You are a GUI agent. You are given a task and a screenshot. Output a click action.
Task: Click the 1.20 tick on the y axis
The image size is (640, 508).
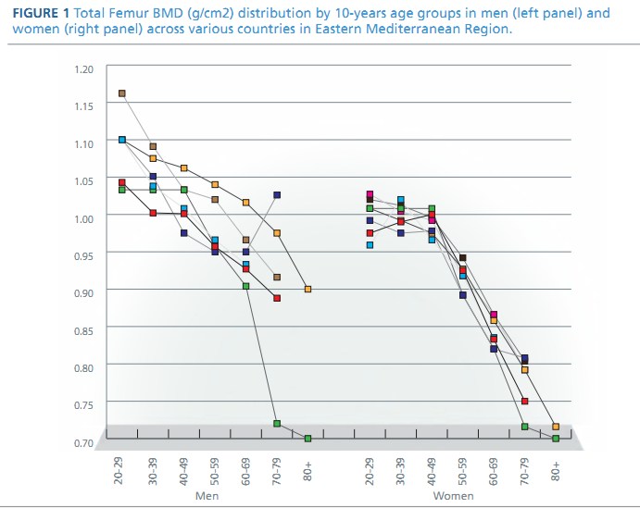pyautogui.click(x=83, y=69)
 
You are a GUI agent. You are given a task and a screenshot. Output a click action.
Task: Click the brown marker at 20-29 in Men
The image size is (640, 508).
pyautogui.click(x=121, y=93)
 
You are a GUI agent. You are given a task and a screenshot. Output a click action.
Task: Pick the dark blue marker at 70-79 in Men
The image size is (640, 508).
pyautogui.click(x=277, y=195)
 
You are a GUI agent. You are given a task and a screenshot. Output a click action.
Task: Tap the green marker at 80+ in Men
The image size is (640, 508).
pyautogui.click(x=307, y=439)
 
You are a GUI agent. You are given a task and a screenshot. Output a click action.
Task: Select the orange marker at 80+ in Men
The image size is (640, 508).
pyautogui.click(x=307, y=289)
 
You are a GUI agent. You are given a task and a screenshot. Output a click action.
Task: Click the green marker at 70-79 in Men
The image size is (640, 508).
pyautogui.click(x=277, y=423)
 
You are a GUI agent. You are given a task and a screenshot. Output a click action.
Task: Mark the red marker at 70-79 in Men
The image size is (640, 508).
pyautogui.click(x=277, y=298)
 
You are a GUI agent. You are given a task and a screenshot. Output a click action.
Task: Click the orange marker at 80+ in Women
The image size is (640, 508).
pyautogui.click(x=556, y=427)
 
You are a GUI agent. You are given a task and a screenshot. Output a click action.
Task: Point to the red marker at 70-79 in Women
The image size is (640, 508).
pyautogui.click(x=524, y=402)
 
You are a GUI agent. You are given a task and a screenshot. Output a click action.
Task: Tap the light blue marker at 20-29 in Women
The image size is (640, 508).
pyautogui.click(x=370, y=245)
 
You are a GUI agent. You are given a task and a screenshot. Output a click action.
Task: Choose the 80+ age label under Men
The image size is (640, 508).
pyautogui.click(x=307, y=471)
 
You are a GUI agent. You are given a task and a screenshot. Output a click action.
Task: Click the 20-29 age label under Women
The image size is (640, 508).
pyautogui.click(x=370, y=471)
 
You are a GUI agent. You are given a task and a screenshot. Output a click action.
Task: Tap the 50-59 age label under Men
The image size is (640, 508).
pyautogui.click(x=215, y=471)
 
